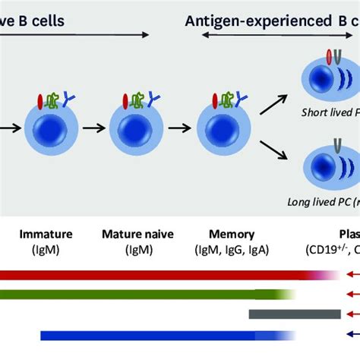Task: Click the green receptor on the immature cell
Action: click(55, 98)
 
